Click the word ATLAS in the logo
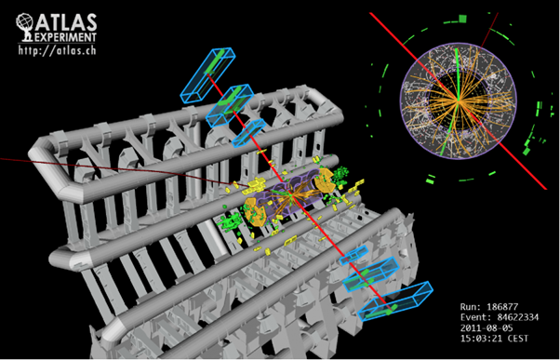[66, 22]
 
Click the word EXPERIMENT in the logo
[66, 37]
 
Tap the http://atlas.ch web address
[57, 49]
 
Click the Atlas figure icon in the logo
[25, 27]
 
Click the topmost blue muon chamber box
[207, 74]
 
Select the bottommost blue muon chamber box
[395, 300]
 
